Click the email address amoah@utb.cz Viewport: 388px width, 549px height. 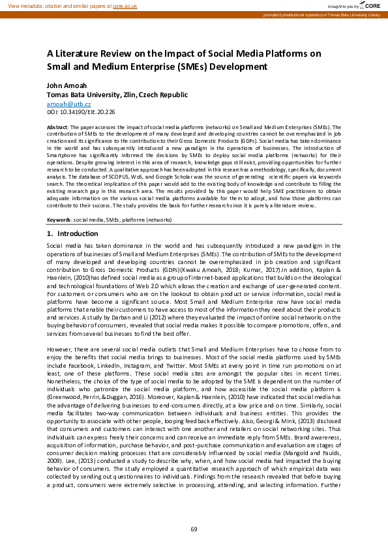[68, 104]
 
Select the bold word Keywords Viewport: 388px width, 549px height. [59, 220]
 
